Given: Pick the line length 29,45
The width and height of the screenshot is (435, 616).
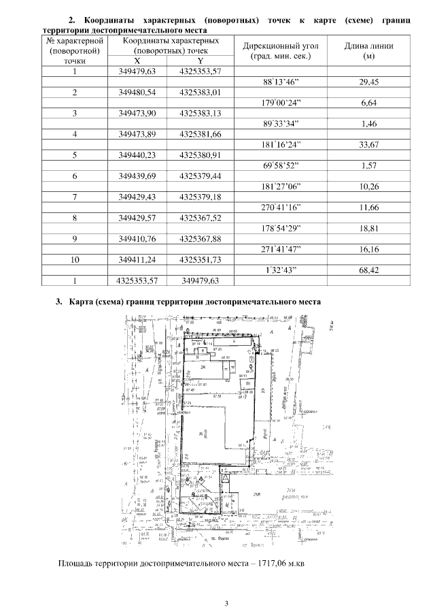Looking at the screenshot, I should pyautogui.click(x=369, y=82).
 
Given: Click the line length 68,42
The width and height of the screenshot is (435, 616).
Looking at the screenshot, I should pyautogui.click(x=369, y=270).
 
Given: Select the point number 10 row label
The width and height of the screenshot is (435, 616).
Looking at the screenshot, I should pyautogui.click(x=75, y=259).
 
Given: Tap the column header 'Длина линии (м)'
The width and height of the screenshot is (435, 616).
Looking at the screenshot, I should pyautogui.click(x=369, y=51).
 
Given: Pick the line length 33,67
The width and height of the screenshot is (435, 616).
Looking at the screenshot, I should pyautogui.click(x=369, y=144).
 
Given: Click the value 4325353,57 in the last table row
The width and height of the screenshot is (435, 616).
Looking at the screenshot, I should pyautogui.click(x=138, y=280).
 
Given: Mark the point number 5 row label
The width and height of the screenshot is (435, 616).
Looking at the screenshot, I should pyautogui.click(x=75, y=155).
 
